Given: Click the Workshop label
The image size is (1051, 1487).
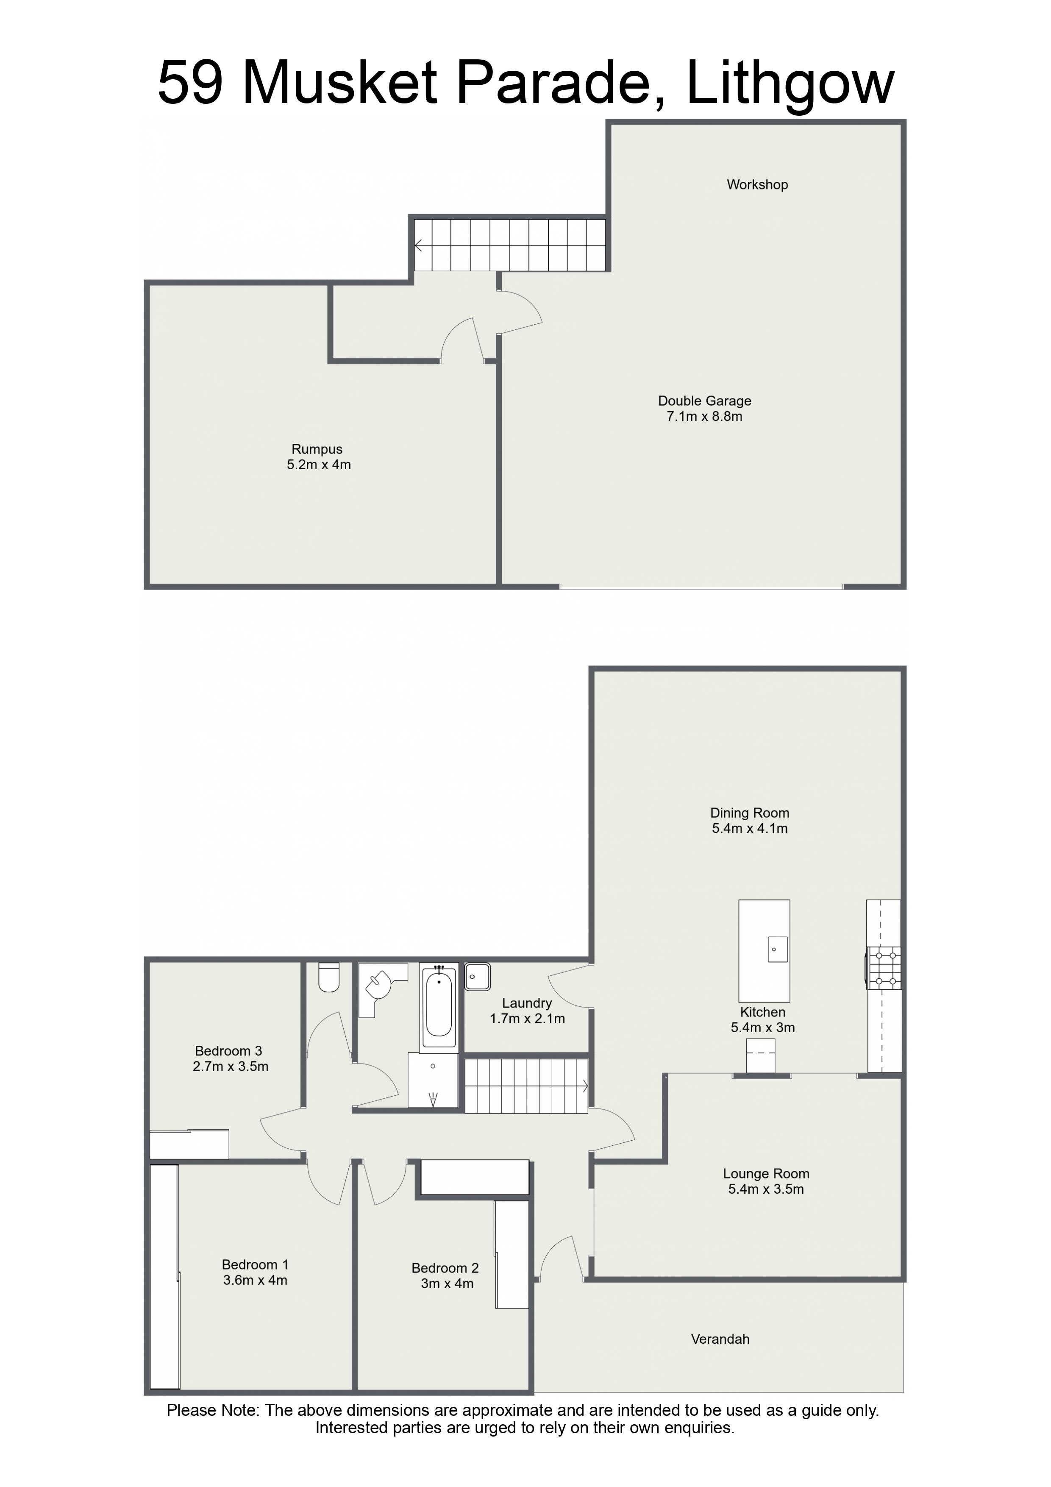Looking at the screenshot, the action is click(x=757, y=184).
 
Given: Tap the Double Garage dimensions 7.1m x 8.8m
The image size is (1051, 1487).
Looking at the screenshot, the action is click(x=705, y=416).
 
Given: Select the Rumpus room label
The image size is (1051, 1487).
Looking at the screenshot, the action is click(x=317, y=449).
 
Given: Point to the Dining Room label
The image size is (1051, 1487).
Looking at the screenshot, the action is click(x=749, y=813).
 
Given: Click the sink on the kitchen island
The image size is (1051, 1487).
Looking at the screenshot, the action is click(x=778, y=950).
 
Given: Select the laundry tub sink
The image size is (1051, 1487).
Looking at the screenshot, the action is click(x=477, y=977).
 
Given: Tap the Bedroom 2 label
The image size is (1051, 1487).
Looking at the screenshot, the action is click(x=445, y=1268).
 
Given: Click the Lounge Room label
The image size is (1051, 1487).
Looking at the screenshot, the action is click(x=766, y=1174).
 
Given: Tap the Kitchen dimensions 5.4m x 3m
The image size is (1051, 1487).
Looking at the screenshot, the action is click(x=763, y=1027).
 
